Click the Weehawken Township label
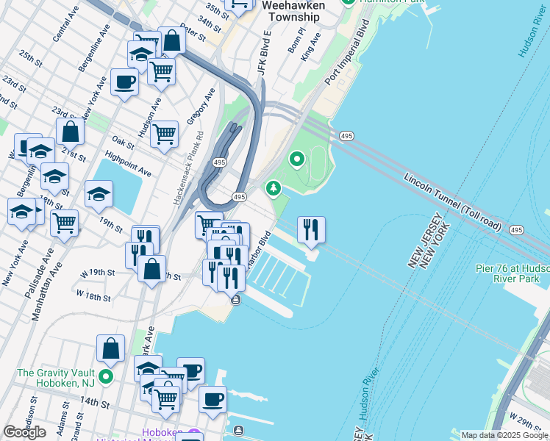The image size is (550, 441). [294, 11]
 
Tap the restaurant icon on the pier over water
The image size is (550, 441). [311, 229]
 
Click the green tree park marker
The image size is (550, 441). [274, 189]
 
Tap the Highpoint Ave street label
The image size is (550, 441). [128, 164]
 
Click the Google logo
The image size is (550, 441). [24, 432]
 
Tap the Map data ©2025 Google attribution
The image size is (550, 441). [504, 435]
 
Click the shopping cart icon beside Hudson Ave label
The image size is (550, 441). [164, 134]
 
